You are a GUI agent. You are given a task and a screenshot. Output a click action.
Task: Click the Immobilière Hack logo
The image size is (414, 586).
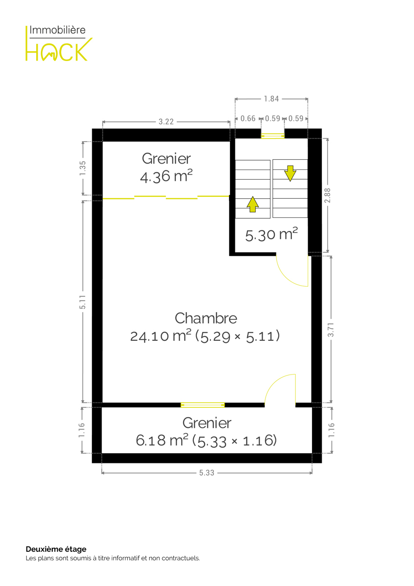[59, 43]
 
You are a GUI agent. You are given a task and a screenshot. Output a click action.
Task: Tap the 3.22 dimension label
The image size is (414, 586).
[166, 122]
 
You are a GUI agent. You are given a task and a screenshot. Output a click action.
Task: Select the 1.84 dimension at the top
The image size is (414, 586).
[271, 99]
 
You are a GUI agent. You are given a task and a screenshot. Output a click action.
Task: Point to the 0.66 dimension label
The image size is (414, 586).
[248, 119]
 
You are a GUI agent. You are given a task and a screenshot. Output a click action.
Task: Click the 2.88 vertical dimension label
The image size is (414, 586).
[328, 195]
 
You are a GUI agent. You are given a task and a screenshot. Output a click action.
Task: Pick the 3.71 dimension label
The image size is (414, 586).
[331, 330]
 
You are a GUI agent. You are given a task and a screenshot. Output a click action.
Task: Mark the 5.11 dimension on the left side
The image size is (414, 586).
[83, 302]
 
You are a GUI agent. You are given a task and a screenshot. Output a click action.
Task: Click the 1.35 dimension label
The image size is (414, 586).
[83, 168]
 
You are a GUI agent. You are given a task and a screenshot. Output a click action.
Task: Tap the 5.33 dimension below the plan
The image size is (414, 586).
[207, 473]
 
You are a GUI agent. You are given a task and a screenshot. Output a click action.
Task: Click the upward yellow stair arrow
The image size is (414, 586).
[252, 204]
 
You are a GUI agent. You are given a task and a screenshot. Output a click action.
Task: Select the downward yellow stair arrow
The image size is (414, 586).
[290, 173]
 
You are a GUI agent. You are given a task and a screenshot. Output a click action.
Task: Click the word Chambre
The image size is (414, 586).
[206, 318]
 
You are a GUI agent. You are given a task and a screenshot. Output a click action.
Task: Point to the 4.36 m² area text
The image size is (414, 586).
[166, 176]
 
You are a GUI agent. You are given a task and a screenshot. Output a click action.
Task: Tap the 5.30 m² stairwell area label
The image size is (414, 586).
[271, 234]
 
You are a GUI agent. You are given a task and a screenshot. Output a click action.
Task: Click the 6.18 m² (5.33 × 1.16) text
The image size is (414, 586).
[206, 440]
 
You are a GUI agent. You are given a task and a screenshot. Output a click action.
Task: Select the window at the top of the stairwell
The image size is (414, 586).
[272, 136]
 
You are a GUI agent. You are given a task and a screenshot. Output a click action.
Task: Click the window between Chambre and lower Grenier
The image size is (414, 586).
[203, 405]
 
